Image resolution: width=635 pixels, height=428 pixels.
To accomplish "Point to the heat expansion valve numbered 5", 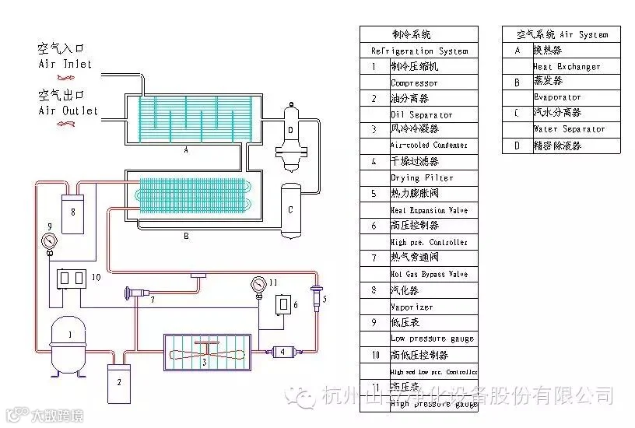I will tap(316, 296).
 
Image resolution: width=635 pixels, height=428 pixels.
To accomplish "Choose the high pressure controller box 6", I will tap(286, 303).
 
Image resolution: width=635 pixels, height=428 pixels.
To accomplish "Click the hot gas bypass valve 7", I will tap(141, 293).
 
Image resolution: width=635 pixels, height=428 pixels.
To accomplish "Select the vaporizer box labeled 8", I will tap(73, 212).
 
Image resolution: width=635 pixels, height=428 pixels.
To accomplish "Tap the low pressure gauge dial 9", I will tap(50, 240).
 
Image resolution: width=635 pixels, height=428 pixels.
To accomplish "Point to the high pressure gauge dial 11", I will tap(259, 284).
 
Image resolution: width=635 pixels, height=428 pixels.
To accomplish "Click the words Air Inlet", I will tap(65, 64).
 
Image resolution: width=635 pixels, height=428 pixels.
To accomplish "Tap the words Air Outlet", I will tap(68, 111).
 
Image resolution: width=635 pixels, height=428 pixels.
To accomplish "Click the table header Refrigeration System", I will tap(419, 51).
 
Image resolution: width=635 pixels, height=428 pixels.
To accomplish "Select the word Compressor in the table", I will tap(414, 82).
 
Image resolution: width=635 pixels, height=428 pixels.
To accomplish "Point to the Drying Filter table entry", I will tap(421, 178).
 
